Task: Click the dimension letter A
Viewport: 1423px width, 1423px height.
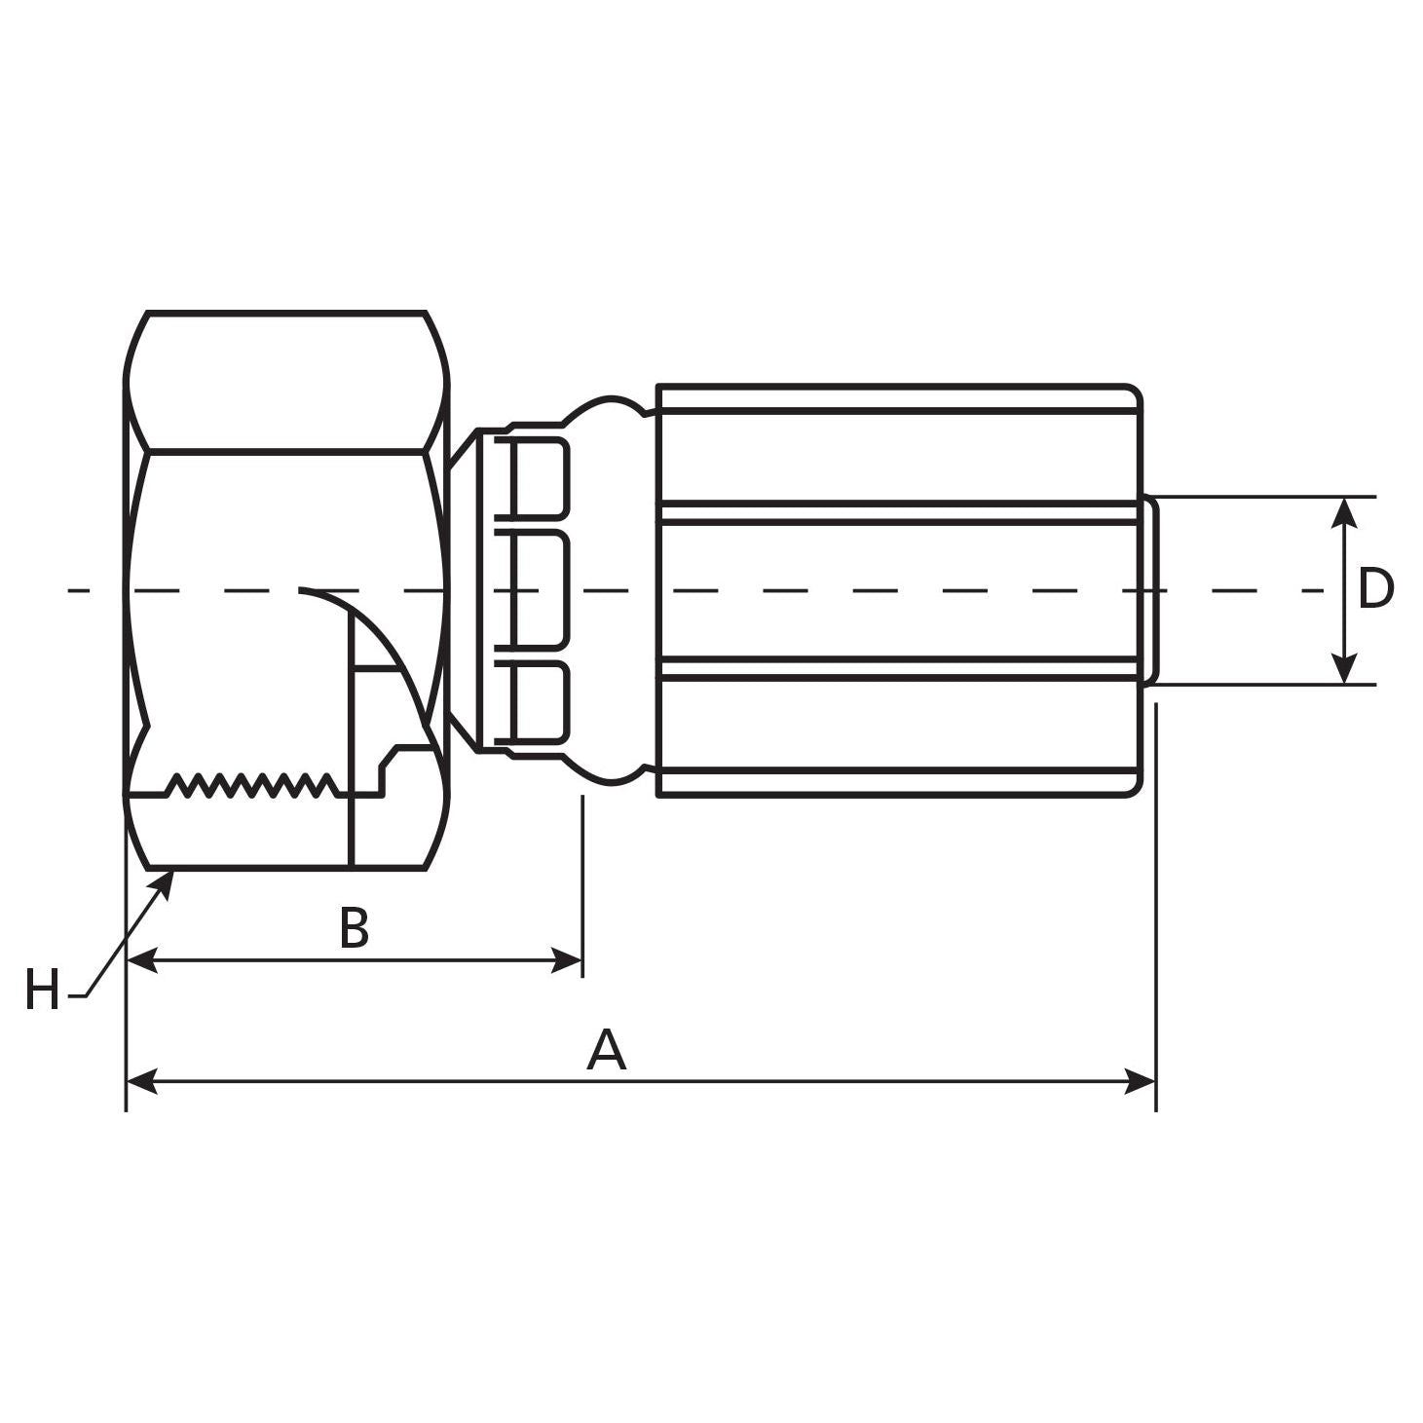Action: pos(606,1050)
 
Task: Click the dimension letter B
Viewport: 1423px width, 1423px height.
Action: pos(354,928)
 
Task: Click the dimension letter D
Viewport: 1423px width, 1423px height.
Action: pos(1374,589)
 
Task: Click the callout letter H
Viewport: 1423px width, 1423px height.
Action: pos(42,991)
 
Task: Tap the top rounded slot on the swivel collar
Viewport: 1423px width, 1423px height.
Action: pos(540,477)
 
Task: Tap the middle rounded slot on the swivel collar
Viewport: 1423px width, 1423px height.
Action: pos(540,589)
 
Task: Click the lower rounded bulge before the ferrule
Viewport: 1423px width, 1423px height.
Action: pos(611,772)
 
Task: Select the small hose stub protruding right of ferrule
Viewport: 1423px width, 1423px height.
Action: pos(1150,589)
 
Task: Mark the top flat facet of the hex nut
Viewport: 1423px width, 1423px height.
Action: pos(287,382)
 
